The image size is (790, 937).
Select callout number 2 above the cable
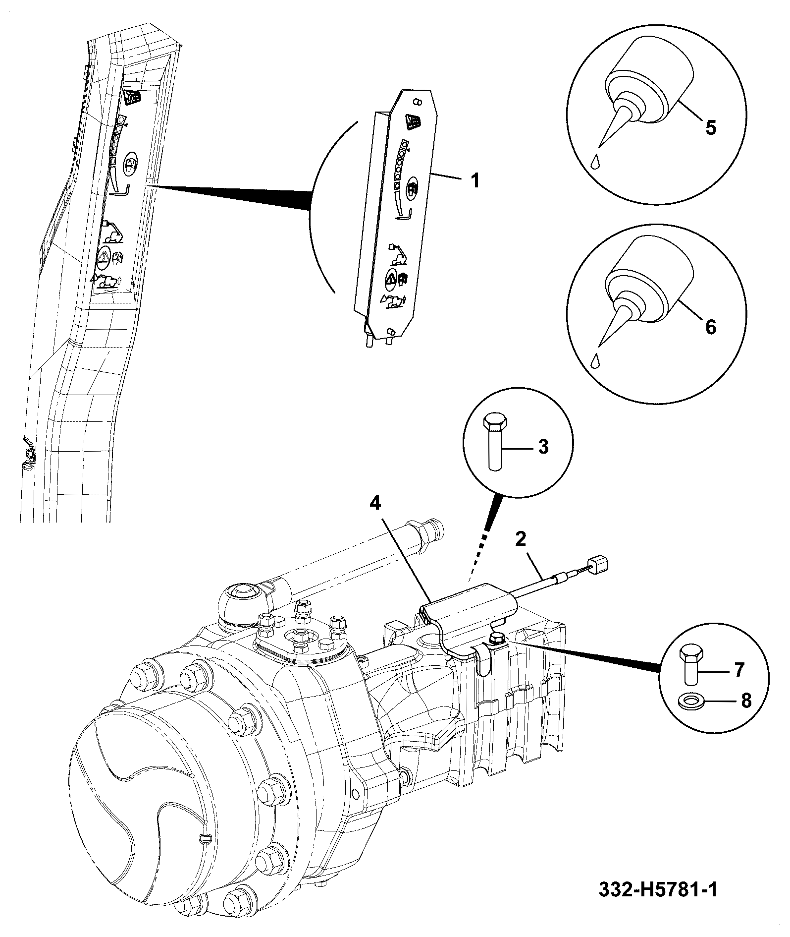[521, 539]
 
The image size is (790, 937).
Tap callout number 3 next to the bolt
[543, 447]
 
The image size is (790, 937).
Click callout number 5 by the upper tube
[711, 128]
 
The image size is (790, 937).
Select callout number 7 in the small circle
[738, 670]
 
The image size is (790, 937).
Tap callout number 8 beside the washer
[746, 701]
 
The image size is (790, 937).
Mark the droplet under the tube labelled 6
[596, 361]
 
